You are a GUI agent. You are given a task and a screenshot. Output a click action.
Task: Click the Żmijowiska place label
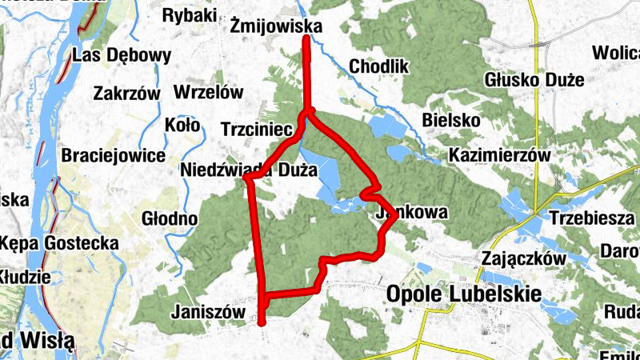(275, 27)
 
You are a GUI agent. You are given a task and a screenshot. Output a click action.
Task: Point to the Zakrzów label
(126, 93)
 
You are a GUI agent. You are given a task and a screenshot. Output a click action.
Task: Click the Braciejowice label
(113, 155)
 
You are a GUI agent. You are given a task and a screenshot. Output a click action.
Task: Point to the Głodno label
(169, 218)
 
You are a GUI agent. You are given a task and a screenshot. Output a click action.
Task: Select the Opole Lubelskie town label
(462, 294)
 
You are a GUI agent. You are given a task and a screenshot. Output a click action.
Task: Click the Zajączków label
(525, 258)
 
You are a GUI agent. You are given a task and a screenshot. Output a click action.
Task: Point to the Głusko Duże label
(534, 80)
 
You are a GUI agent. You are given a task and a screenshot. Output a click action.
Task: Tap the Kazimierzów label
(501, 155)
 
